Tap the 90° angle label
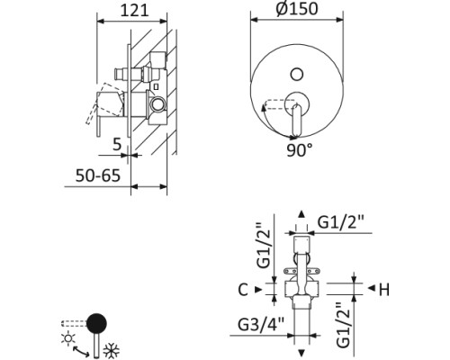tap(300, 149)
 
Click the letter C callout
tap(243, 289)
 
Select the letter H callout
tap(383, 289)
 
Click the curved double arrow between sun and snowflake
tap(91, 346)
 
